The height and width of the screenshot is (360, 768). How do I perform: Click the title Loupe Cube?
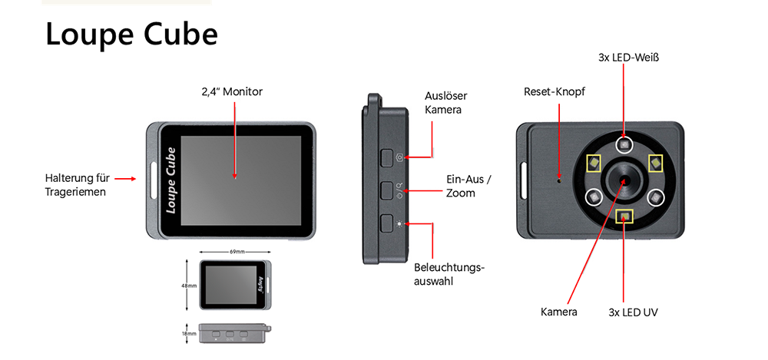131,35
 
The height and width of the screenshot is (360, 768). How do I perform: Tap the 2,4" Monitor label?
231,92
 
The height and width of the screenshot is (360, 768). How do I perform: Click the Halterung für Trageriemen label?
75,185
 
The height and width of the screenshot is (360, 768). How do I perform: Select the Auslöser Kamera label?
445,103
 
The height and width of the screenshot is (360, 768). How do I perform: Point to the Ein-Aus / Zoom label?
468,186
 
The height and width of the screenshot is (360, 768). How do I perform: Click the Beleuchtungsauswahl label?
449,274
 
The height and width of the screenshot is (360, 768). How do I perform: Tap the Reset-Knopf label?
554,92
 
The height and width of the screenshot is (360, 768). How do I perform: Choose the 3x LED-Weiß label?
629,58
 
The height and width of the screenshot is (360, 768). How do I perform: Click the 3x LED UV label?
633,312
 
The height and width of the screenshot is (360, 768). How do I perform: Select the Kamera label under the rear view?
558,312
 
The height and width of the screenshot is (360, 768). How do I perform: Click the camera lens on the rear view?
624,180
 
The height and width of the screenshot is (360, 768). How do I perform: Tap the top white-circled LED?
624,144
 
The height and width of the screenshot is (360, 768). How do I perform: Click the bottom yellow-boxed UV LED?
624,217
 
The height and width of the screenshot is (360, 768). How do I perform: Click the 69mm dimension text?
237,252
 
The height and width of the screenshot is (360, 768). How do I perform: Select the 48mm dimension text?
189,285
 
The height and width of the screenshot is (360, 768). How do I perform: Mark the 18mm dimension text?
189,335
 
